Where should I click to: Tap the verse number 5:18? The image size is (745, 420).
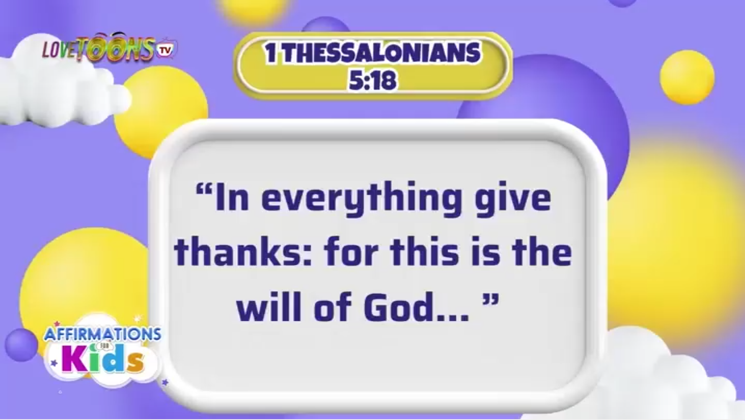tap(372, 80)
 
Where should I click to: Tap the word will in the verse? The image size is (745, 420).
tap(269, 308)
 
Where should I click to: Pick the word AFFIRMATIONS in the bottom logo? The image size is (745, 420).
tap(103, 334)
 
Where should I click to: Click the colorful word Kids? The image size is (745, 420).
tap(103, 359)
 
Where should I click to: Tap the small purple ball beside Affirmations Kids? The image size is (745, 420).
tap(21, 345)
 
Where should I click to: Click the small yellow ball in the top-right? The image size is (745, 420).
tap(687, 77)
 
